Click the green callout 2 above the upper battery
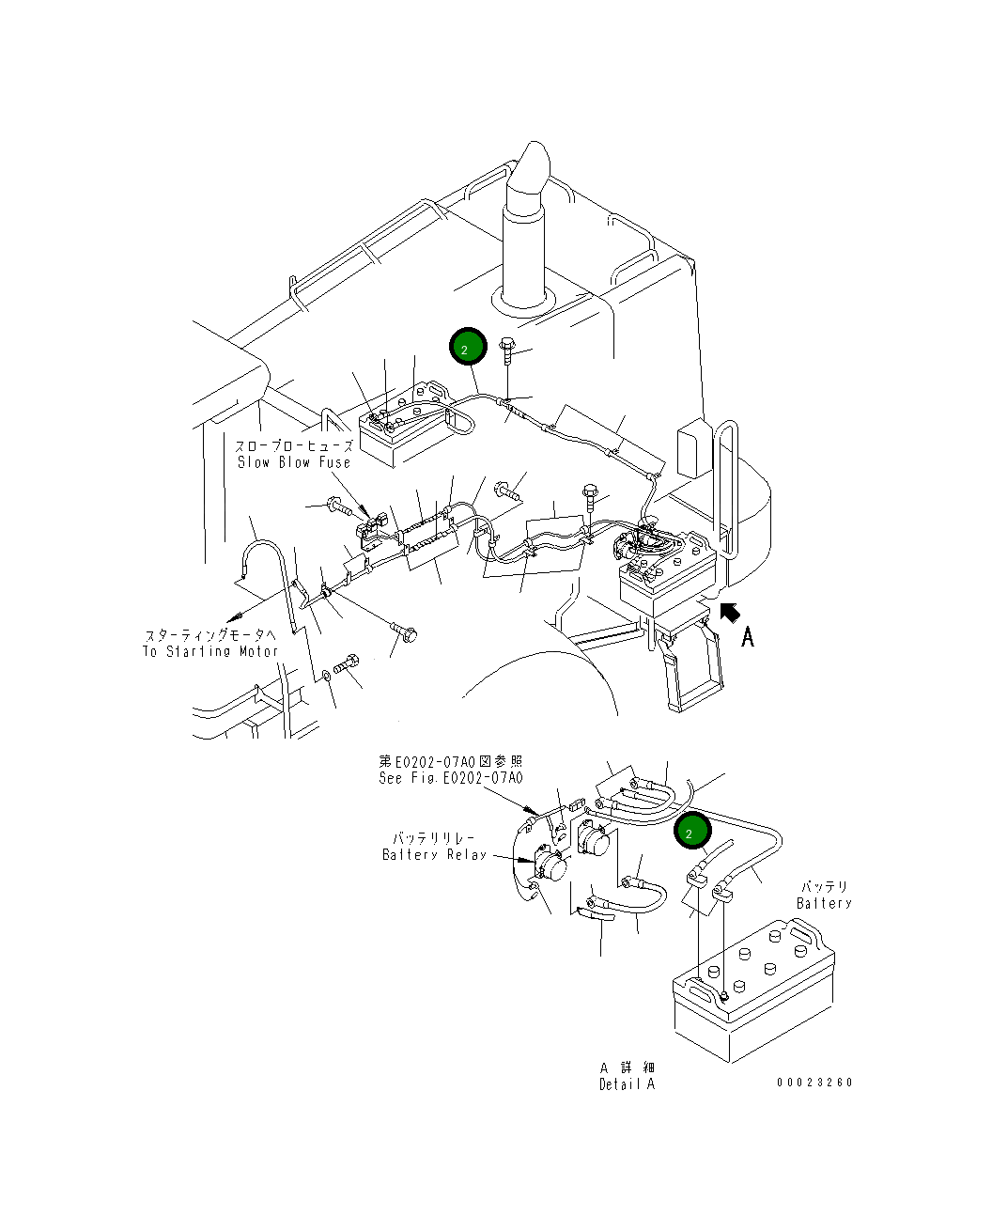point(468,346)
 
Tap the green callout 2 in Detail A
point(692,831)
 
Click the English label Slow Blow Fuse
point(294,462)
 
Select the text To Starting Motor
point(210,651)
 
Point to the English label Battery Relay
point(435,854)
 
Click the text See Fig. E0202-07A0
point(451,778)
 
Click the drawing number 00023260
point(814,1083)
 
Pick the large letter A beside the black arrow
point(747,637)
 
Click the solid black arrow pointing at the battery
point(730,613)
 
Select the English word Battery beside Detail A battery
point(824,903)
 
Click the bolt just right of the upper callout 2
point(507,351)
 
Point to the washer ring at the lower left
point(327,676)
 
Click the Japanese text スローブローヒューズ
point(294,445)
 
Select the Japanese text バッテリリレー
point(434,838)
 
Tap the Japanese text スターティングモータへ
point(210,635)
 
